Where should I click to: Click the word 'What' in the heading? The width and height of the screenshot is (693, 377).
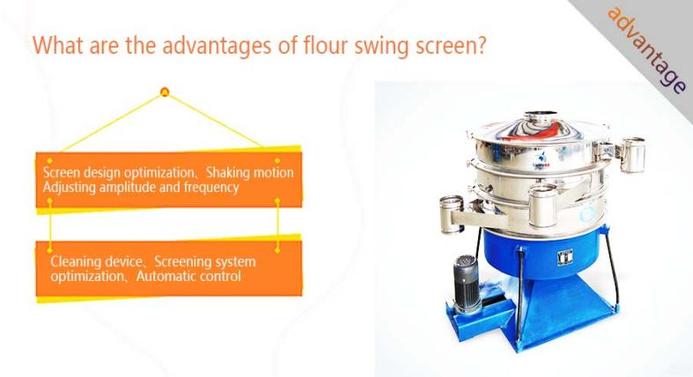(x=58, y=45)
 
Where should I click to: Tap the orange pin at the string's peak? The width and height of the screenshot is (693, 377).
(x=165, y=92)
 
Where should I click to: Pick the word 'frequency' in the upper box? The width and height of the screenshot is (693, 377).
(x=211, y=188)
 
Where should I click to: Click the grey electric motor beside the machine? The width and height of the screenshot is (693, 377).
(x=467, y=284)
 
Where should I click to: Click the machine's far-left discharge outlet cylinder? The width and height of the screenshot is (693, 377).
(x=451, y=214)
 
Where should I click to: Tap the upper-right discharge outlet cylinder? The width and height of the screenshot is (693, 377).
(x=632, y=155)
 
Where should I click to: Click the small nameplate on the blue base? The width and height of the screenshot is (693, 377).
(x=564, y=257)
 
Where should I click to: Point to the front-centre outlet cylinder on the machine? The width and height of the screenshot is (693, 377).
(x=542, y=206)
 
